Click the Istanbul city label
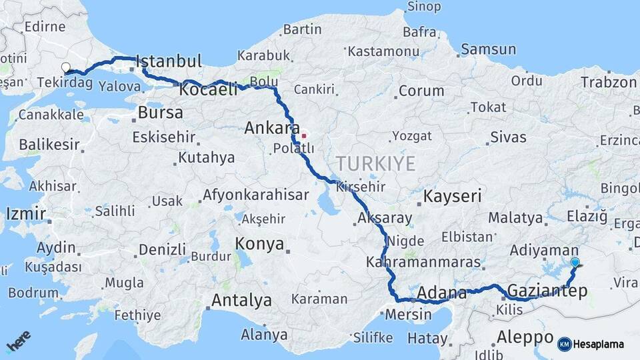coord(169,62)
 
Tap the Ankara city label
coord(271,127)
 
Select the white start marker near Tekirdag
coord(66,67)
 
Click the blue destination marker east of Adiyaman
coord(575,263)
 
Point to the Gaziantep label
coord(547,290)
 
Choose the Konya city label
coord(260,244)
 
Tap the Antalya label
coord(241,301)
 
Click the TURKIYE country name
coord(375,163)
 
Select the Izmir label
coord(25,214)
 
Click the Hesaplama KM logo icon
coord(565,344)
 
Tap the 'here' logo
coord(18,343)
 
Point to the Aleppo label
coord(525,337)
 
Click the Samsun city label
coord(488,49)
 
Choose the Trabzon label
coord(609,82)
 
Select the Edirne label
coord(44,27)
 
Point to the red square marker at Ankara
coord(304,135)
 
